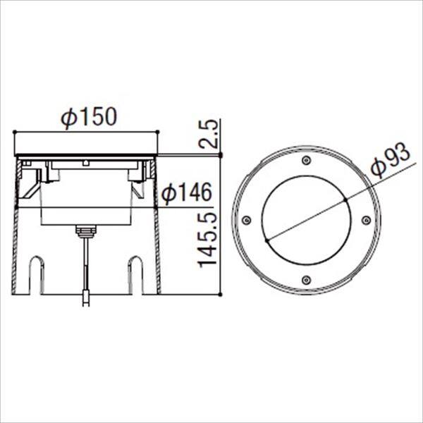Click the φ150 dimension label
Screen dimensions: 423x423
(x=87, y=118)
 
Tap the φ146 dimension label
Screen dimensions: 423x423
(x=188, y=192)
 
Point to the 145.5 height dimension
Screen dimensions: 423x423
(x=208, y=240)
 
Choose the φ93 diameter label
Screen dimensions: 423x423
(x=392, y=164)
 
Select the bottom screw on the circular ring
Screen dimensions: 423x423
(x=305, y=280)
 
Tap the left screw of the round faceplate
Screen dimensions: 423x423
(x=246, y=221)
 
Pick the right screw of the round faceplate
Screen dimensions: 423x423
(x=365, y=221)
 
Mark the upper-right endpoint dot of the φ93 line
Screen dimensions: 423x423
(x=345, y=200)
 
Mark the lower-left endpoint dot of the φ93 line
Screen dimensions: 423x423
(x=266, y=241)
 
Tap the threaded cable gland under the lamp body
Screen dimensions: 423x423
(x=85, y=230)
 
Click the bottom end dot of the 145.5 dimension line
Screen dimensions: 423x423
(x=221, y=293)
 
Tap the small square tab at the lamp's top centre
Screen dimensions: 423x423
(x=85, y=163)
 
